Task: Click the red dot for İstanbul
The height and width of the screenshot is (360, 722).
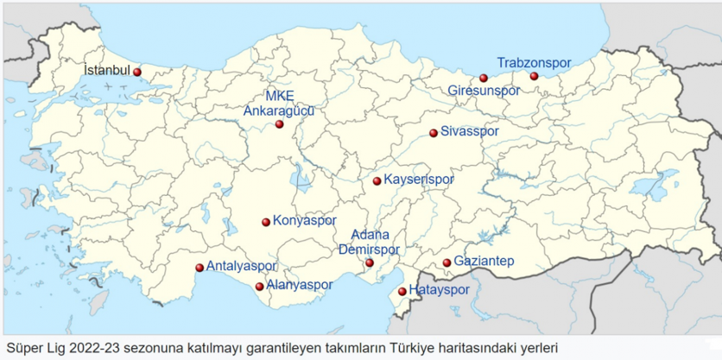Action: pyautogui.click(x=137, y=73)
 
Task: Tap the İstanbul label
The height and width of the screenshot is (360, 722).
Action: pyautogui.click(x=106, y=69)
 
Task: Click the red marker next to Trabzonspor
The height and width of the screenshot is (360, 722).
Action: pyautogui.click(x=534, y=76)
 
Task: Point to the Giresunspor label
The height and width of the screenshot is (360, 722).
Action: pyautogui.click(x=484, y=90)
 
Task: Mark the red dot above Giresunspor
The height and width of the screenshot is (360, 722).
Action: pyautogui.click(x=484, y=79)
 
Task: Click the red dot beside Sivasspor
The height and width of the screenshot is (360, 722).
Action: pyautogui.click(x=434, y=133)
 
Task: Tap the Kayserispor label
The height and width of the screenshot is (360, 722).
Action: pyautogui.click(x=418, y=180)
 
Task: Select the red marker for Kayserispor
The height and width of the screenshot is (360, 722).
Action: pyautogui.click(x=377, y=181)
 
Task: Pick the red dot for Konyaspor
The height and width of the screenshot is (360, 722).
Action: pyautogui.click(x=266, y=222)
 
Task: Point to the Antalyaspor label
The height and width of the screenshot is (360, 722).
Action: pyautogui.click(x=242, y=266)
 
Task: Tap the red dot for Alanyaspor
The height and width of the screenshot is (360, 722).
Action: pyautogui.click(x=259, y=287)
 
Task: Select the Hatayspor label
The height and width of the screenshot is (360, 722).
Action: pyautogui.click(x=439, y=290)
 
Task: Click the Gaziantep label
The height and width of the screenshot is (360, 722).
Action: pyautogui.click(x=484, y=262)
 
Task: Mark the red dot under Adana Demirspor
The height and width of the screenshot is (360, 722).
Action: pyautogui.click(x=370, y=262)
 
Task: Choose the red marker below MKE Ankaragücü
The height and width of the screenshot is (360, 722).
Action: pyautogui.click(x=280, y=124)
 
